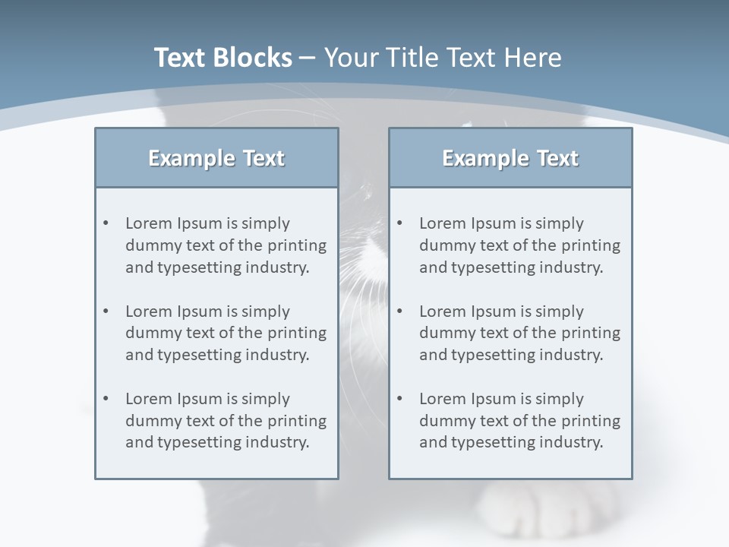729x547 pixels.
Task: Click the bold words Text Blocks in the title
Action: tap(222, 58)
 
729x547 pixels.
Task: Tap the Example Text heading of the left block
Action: tap(216, 158)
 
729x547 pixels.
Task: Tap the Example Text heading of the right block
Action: tap(510, 158)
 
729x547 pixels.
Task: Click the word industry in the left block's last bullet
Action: tap(276, 442)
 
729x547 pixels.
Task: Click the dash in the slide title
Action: tap(308, 58)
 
